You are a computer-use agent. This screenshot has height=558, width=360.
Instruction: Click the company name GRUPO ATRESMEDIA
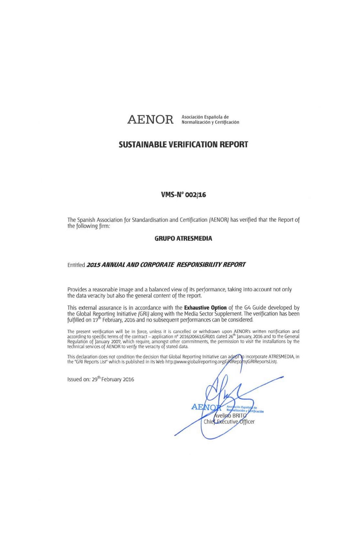tap(183, 239)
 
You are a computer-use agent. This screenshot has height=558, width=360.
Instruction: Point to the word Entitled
tap(76, 265)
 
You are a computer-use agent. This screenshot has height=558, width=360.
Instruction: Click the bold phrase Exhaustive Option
tap(205, 308)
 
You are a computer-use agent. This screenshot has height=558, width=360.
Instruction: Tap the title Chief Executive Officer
tap(229, 422)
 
